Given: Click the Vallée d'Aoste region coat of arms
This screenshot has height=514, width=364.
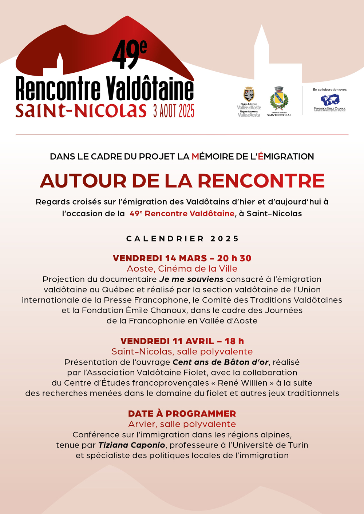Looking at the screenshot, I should point(249,95).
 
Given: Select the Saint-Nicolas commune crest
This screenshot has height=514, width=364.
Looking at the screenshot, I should point(279,99).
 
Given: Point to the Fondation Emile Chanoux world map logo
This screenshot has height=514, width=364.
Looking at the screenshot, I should point(330,100).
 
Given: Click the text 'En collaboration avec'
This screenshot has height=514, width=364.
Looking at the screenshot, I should point(330,89).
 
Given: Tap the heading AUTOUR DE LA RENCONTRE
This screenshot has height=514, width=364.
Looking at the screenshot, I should point(182,181).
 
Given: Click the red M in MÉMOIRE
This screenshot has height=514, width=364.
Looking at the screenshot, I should point(195,157).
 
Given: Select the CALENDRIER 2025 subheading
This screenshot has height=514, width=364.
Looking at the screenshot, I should point(182,239).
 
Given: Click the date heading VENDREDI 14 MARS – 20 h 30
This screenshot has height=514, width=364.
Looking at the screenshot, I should point(182,258).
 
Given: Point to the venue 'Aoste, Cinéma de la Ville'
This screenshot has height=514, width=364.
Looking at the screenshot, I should point(182,269).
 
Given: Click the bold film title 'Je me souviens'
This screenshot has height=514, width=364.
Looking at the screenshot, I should point(191,279).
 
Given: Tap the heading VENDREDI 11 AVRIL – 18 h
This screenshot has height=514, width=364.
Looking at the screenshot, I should point(182,341).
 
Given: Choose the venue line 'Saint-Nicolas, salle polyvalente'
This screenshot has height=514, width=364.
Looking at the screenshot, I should point(182,352).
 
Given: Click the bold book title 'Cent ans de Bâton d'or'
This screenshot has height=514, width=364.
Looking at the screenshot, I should point(221,362).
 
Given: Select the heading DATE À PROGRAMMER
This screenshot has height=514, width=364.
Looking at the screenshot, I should point(182,414).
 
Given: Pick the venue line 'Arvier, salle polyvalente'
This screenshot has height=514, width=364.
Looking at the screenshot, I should point(182,424).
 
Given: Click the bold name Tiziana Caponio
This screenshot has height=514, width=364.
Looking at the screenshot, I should point(132,445).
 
